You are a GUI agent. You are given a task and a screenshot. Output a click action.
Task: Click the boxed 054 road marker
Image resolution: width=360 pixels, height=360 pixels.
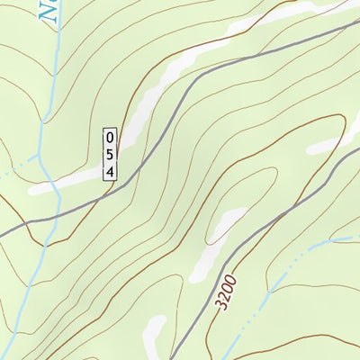tap(111, 154)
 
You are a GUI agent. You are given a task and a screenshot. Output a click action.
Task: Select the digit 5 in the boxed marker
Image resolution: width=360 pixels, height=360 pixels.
tap(111, 154)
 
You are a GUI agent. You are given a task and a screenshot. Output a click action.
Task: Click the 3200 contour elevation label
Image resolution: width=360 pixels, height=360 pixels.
tap(228, 293)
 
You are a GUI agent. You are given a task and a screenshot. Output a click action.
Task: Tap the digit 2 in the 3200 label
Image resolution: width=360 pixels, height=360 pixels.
tap(226, 298)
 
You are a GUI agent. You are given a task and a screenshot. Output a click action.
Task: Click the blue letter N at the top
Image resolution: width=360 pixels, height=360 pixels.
tap(47, 10)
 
